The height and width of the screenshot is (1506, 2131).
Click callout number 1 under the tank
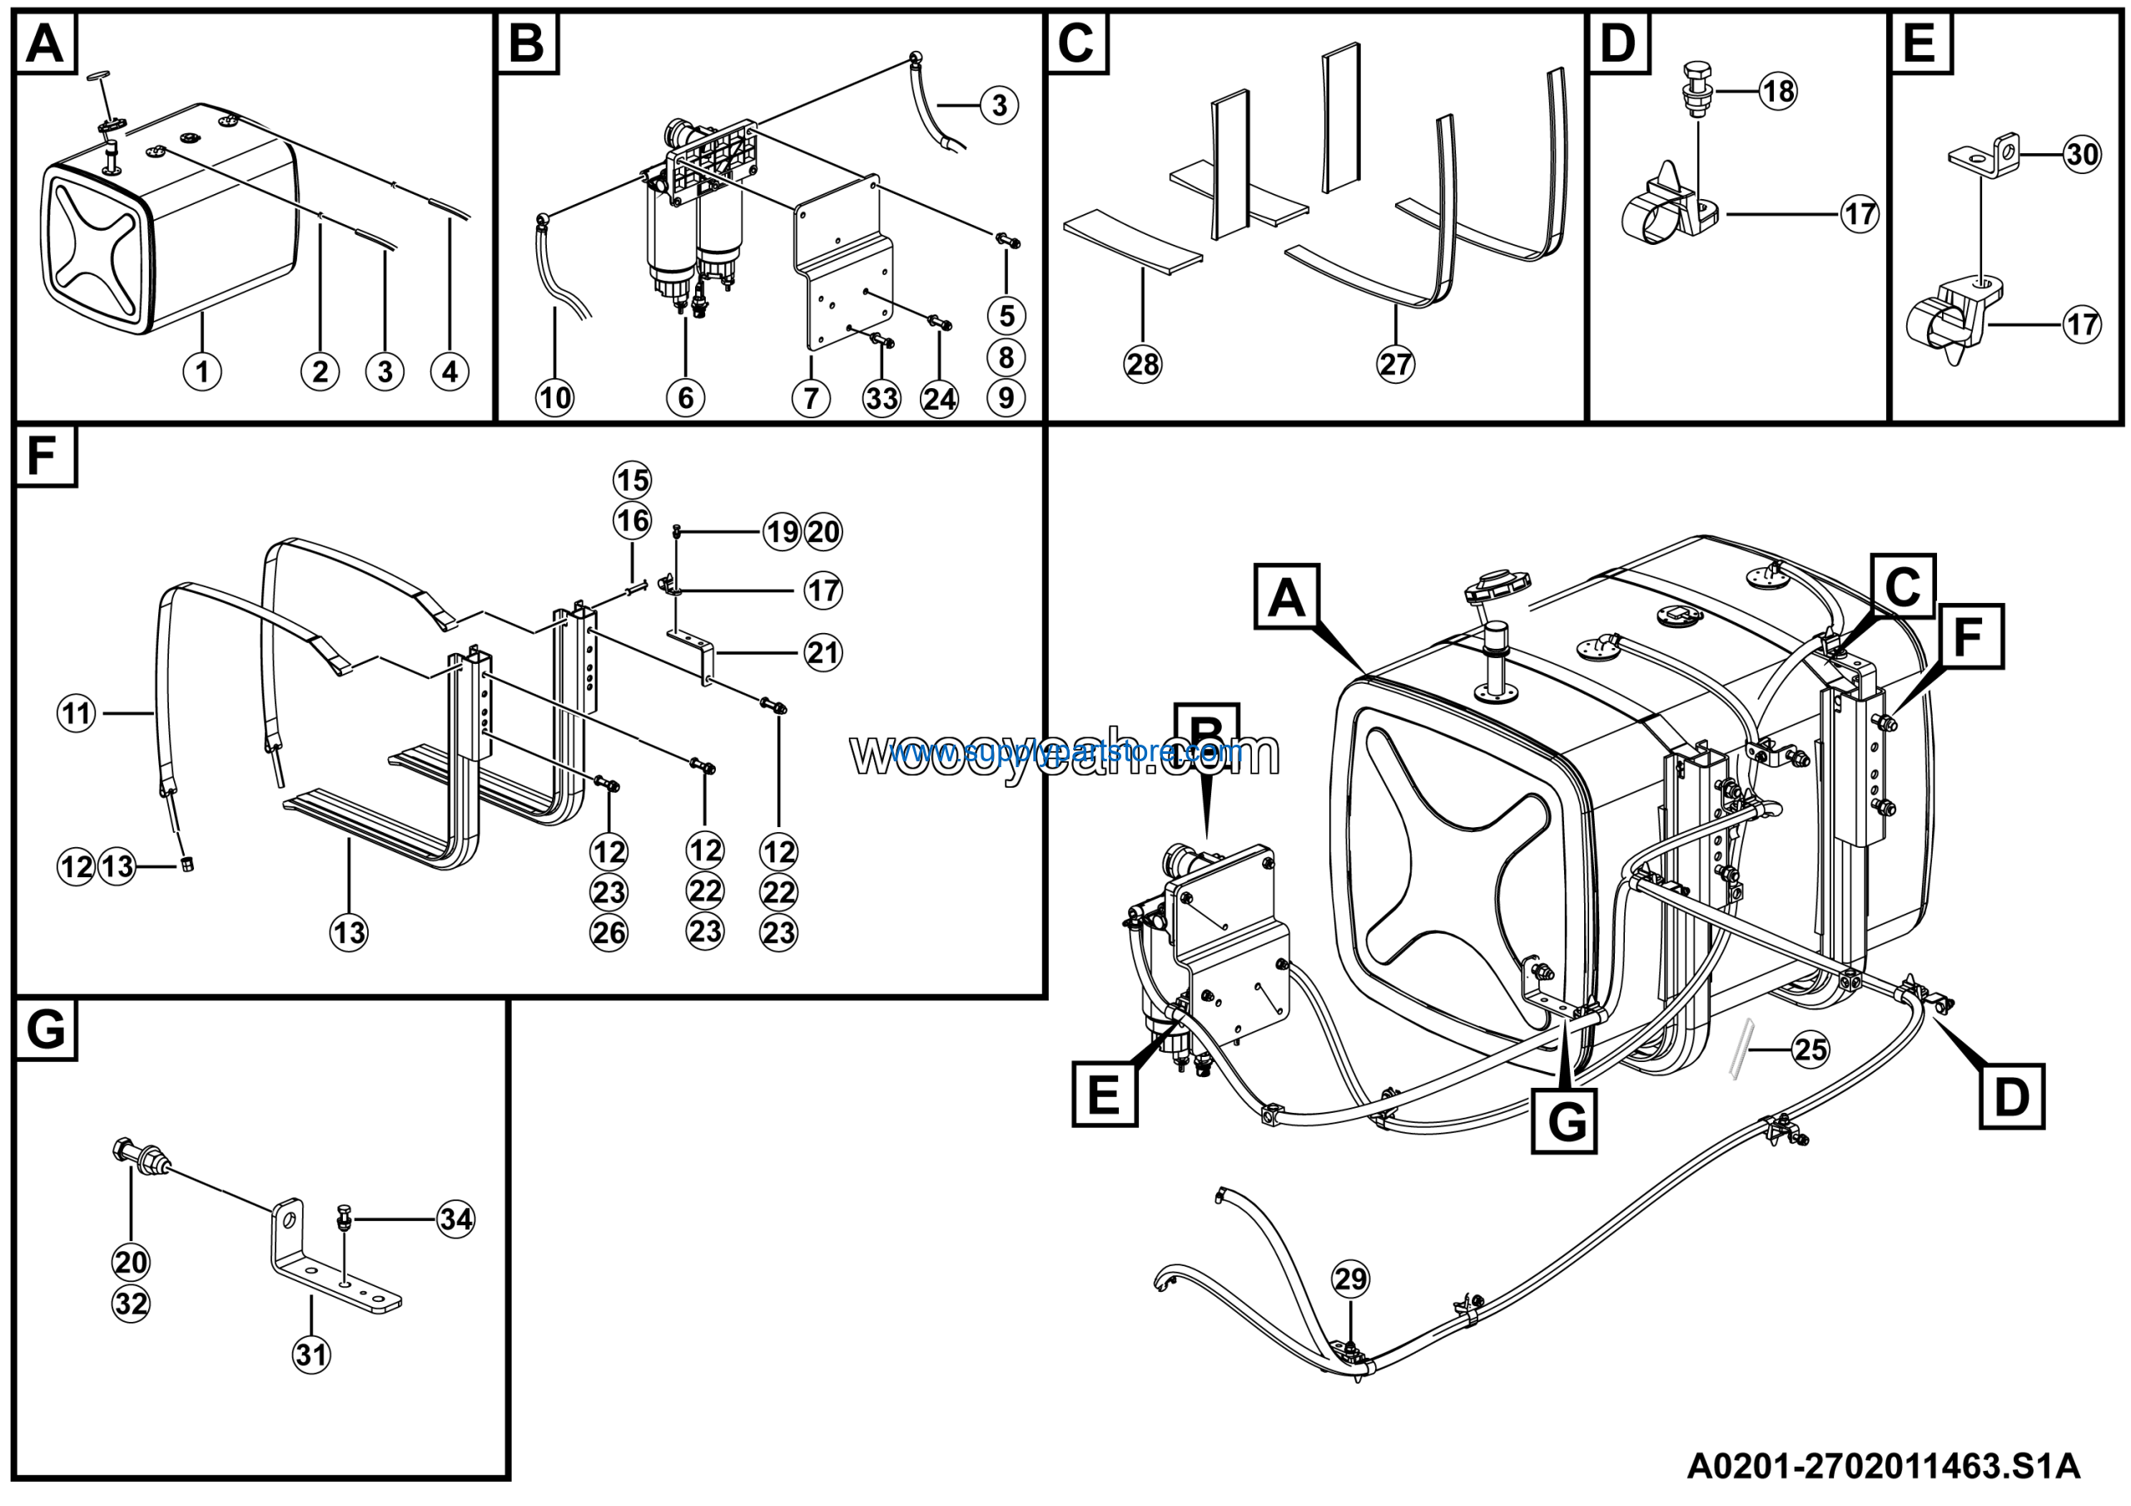[x=202, y=372]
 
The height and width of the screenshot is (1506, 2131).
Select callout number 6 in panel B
[x=686, y=398]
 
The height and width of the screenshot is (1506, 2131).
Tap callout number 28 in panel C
[x=1143, y=364]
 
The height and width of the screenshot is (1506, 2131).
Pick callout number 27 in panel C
[x=1396, y=364]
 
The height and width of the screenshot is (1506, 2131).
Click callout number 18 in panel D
[x=1778, y=91]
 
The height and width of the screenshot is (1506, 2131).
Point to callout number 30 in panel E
[x=2083, y=154]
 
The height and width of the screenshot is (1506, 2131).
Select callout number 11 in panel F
[x=77, y=713]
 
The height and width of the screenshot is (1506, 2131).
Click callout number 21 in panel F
[x=823, y=653]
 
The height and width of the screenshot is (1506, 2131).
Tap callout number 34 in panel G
[x=455, y=1219]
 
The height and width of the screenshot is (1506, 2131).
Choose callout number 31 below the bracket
[x=312, y=1354]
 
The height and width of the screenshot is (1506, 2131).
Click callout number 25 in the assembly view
[x=1811, y=1050]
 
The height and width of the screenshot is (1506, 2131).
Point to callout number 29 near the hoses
[x=1350, y=1279]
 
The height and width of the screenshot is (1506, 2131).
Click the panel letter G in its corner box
[x=47, y=1030]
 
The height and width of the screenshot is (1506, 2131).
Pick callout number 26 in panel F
[x=609, y=932]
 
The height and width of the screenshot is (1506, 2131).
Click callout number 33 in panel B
[x=882, y=398]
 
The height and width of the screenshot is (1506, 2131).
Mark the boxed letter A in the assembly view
[x=1286, y=597]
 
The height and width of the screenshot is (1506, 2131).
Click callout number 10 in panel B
[x=555, y=398]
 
